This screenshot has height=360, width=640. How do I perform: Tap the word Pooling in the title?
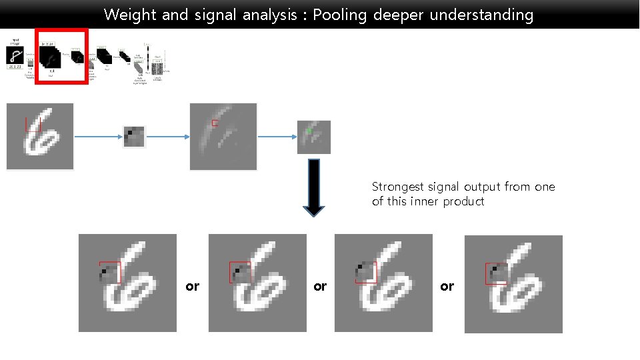click(339, 15)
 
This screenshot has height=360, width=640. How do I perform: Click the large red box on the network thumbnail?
click(61, 56)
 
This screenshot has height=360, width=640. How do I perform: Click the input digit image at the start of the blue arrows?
click(40, 136)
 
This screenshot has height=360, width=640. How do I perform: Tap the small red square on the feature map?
click(215, 123)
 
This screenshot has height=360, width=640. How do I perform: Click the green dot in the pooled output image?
click(309, 131)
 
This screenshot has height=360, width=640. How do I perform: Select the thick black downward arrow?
click(314, 188)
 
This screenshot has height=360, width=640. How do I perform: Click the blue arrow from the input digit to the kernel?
click(98, 137)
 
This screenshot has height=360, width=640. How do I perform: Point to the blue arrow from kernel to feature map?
click(167, 137)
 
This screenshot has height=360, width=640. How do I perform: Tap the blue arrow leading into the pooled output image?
click(277, 137)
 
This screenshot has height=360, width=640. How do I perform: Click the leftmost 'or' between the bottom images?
click(192, 286)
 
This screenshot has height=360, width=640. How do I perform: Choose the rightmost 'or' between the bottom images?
click(447, 286)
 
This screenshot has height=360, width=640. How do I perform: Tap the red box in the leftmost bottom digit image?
click(110, 273)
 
